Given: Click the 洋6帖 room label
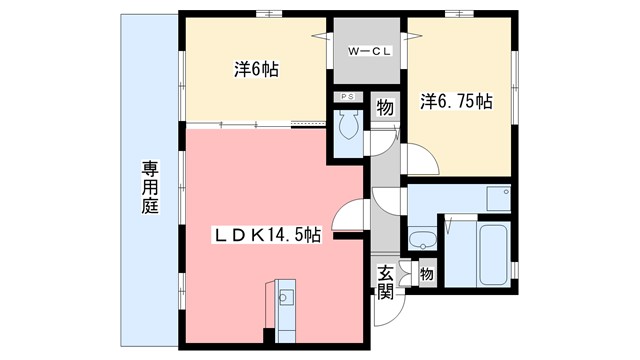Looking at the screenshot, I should (256, 70).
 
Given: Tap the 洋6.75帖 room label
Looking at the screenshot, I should (456, 101).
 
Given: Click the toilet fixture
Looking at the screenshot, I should (349, 126).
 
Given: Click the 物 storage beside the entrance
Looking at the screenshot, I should (426, 273).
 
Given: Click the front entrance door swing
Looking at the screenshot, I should (383, 315).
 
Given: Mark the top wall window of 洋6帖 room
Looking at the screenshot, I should (266, 12).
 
